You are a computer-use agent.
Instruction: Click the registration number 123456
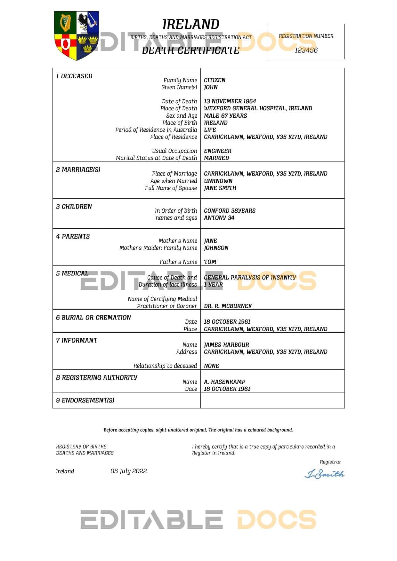306,50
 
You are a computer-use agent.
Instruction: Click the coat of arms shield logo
77,36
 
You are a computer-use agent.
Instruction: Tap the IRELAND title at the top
191,24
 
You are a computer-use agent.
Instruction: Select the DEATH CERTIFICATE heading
190,50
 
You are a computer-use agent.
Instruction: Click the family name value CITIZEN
215,80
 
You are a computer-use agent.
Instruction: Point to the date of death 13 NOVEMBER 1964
230,101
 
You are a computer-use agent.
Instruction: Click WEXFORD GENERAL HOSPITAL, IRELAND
258,108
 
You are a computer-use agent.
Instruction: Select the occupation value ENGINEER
217,151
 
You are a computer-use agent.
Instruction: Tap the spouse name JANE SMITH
220,188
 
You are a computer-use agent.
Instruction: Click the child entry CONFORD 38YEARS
230,211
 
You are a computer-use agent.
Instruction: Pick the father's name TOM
210,262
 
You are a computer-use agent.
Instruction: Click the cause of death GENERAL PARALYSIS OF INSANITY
250,278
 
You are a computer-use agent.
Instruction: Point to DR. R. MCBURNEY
228,306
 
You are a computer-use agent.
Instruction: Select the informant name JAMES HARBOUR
226,345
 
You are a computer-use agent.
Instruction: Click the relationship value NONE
211,366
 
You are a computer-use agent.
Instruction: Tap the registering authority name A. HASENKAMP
224,382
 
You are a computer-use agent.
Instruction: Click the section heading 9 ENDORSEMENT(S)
85,400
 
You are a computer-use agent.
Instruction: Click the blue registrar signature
324,474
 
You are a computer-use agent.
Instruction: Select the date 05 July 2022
128,471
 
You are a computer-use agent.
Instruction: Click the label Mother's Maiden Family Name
158,248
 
